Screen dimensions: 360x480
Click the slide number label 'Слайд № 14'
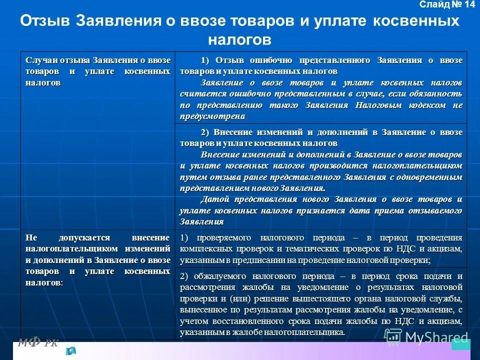(447, 5)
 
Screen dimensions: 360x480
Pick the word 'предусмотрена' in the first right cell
(212, 116)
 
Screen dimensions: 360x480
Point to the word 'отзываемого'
(437, 210)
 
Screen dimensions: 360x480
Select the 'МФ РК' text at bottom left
(38, 342)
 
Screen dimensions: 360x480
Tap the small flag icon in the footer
(70, 351)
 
